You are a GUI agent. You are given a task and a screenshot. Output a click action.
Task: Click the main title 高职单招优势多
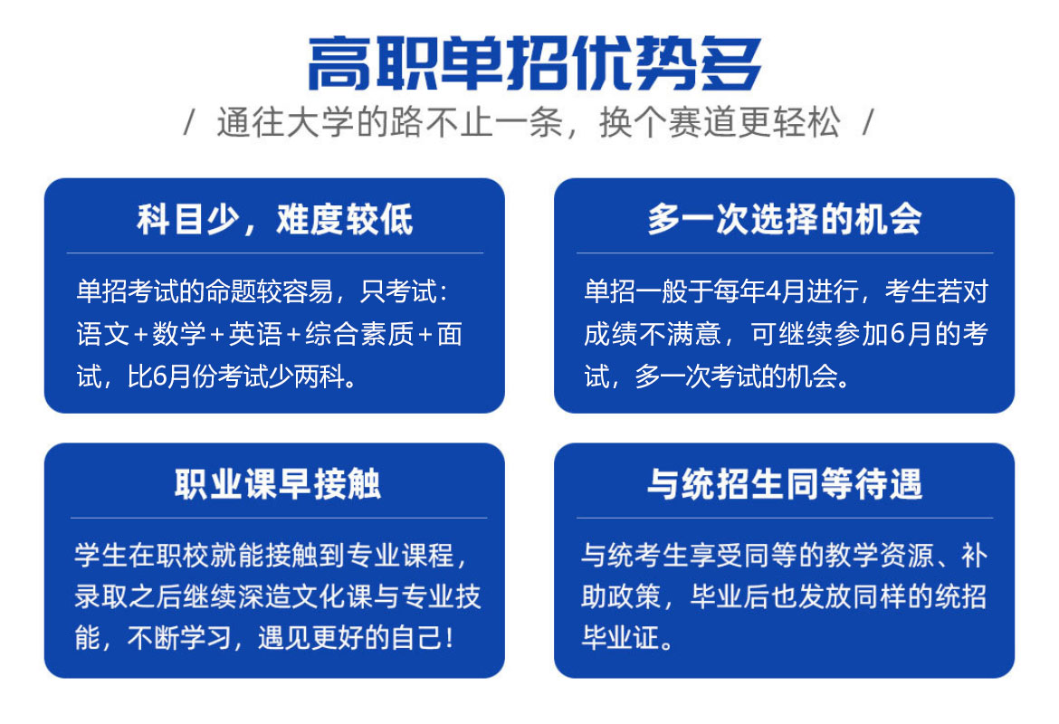[534, 63]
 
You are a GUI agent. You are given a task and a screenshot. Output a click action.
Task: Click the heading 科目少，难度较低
[275, 220]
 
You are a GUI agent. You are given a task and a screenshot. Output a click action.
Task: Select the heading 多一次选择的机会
[784, 220]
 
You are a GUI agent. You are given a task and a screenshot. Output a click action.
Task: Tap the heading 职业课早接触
[278, 484]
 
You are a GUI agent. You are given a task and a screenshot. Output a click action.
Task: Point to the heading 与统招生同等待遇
[784, 484]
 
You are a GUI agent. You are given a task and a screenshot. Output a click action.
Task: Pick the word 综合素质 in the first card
[359, 334]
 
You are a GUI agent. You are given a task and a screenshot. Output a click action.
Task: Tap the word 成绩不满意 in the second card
[653, 334]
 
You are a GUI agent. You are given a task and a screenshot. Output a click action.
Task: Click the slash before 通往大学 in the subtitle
[190, 123]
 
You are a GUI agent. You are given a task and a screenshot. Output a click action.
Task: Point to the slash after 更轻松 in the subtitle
[869, 123]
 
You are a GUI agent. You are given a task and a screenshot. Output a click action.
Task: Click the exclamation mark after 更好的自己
[450, 638]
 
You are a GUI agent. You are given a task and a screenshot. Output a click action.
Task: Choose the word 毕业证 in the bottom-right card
[621, 638]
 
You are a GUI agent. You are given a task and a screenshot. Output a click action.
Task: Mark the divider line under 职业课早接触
[278, 518]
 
